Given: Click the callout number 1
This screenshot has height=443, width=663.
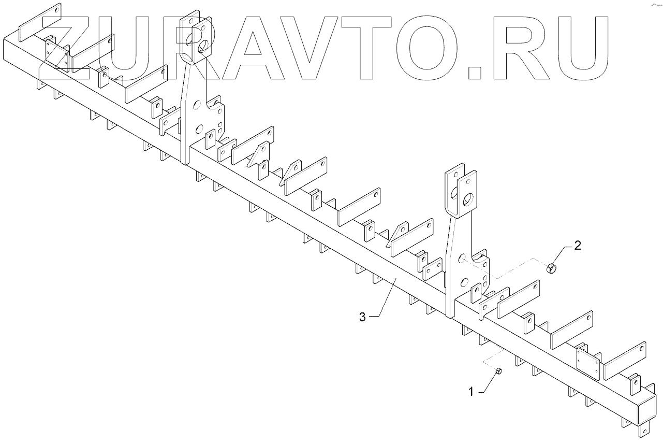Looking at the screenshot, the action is [x=471, y=392].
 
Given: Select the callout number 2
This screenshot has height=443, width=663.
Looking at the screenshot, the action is [x=578, y=246].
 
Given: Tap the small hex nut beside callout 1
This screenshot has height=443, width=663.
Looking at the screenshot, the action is [x=498, y=371].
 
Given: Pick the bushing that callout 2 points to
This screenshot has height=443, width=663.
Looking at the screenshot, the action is [x=552, y=268].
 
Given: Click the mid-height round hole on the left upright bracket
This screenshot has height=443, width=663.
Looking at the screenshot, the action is [x=197, y=105].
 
